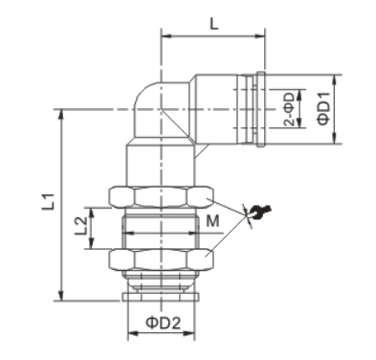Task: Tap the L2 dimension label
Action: coord(83,227)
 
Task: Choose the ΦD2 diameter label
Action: coord(164,323)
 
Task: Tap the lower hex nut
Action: coord(162,259)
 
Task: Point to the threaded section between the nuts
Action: coord(162,228)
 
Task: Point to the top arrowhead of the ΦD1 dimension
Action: coord(336,77)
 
